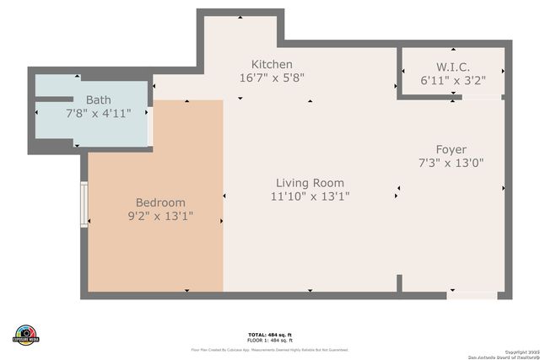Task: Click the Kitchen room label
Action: tap(272, 64)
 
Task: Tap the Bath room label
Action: tap(98, 100)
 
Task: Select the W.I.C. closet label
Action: tap(452, 67)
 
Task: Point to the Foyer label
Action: tap(451, 149)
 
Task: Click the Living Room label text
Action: tap(310, 183)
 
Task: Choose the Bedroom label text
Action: tap(160, 202)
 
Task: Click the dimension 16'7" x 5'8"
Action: tap(272, 78)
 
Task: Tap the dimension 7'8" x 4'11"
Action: tap(98, 114)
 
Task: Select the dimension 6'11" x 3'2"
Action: tap(452, 80)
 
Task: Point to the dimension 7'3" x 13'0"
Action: tap(451, 163)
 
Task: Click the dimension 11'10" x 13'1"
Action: tap(310, 196)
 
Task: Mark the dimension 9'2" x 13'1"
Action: tap(160, 216)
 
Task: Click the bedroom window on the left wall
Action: tap(84, 204)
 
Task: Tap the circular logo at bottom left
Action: tap(26, 334)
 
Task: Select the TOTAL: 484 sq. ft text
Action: tap(269, 334)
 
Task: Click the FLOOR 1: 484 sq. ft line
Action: tap(269, 340)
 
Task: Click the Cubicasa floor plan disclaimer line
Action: tap(269, 349)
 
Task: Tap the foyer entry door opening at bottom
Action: tap(472, 296)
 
